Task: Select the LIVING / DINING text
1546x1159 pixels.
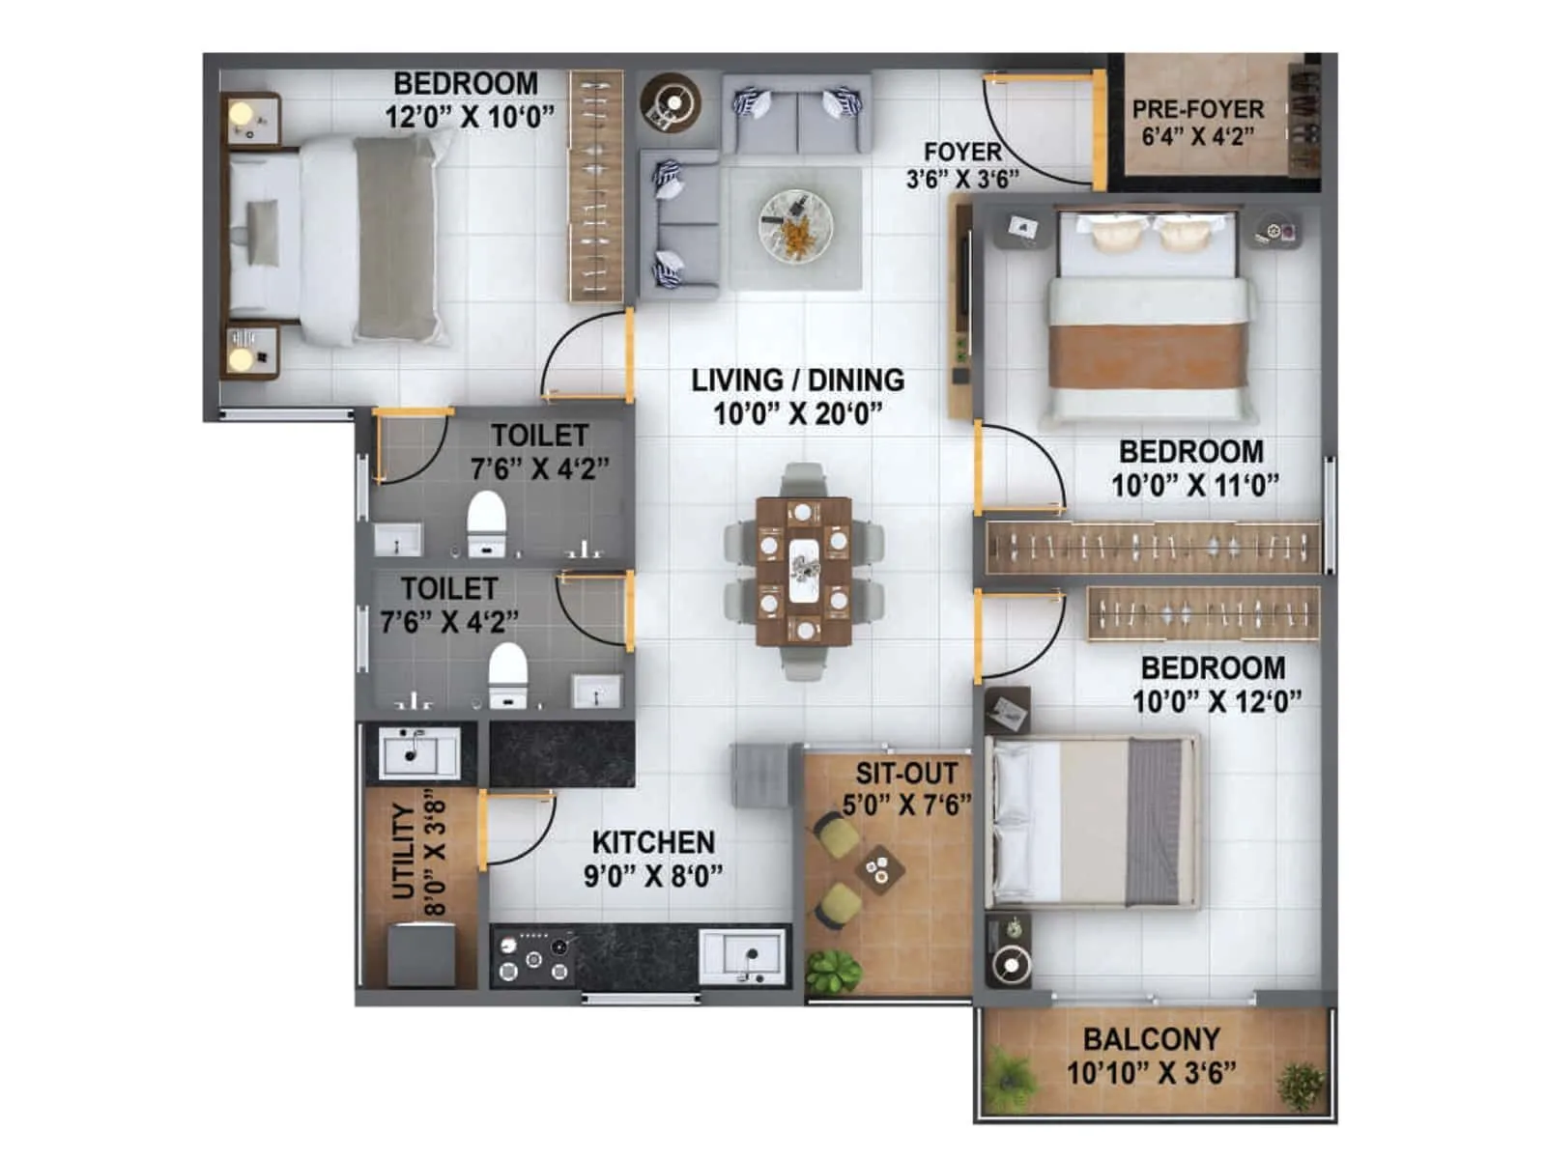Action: point(797,381)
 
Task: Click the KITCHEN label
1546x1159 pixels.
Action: point(653,842)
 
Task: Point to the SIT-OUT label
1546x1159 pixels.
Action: point(906,774)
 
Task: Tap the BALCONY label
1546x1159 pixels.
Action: point(1151,1039)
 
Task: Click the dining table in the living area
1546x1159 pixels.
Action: point(804,570)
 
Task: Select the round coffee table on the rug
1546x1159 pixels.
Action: point(795,225)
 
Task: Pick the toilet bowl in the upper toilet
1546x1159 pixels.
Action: point(486,523)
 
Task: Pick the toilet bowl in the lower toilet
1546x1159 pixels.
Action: point(507,673)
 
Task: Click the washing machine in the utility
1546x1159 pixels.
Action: point(421,954)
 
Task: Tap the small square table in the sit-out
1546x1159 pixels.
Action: point(879,867)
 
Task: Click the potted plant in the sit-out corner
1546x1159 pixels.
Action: point(832,970)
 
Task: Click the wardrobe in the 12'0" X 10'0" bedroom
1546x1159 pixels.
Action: point(595,185)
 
